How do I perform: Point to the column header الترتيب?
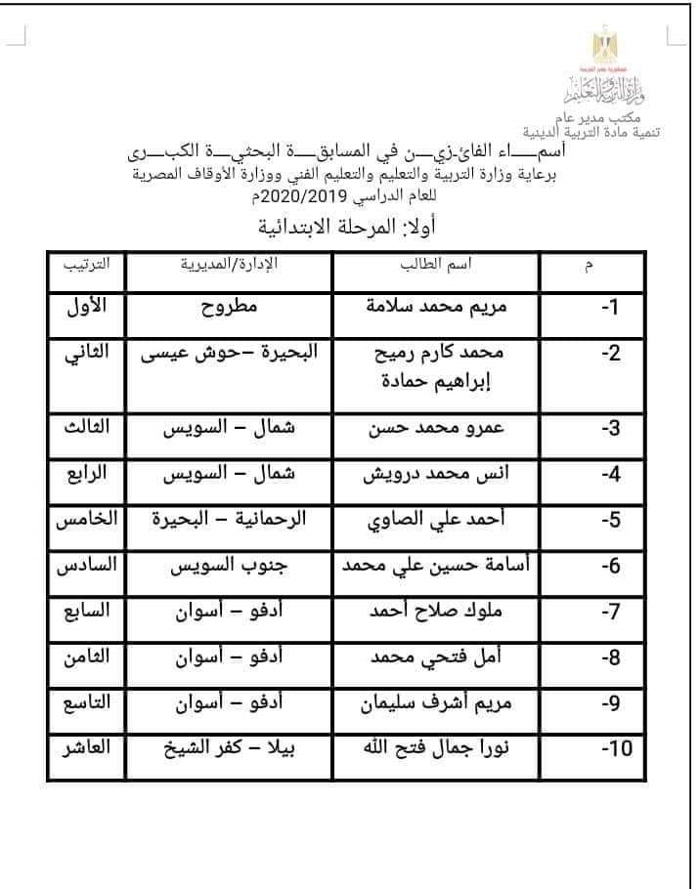pyautogui.click(x=87, y=265)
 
